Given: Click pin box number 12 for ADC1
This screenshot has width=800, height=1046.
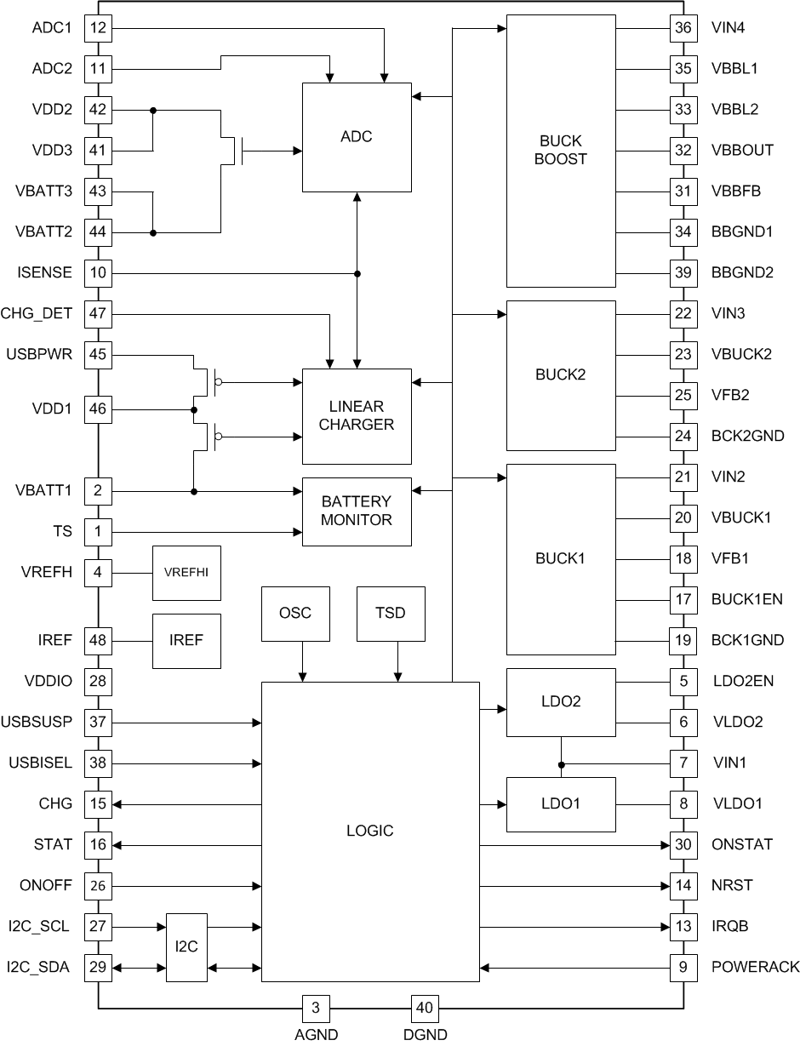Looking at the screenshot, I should point(98,28).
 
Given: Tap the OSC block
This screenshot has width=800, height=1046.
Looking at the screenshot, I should point(295,613).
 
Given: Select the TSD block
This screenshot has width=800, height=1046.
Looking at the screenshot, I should point(391,613).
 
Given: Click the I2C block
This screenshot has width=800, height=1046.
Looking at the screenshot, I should point(186,946).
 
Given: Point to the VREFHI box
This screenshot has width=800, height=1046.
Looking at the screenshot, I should point(186,573).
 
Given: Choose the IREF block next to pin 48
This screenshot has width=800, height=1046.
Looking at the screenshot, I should point(186,640).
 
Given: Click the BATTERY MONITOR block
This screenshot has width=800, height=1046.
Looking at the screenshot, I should point(357,511).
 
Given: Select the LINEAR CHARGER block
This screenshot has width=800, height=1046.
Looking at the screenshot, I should point(357,415).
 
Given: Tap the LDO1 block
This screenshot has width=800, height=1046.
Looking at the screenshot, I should point(561,803).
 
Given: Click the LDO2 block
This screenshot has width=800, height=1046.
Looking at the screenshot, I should point(561,701).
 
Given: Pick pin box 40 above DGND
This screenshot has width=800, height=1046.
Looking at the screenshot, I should point(425,1008).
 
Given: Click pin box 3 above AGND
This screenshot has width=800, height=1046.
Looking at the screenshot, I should point(316,1008).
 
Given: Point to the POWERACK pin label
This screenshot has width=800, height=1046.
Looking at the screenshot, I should point(755,967).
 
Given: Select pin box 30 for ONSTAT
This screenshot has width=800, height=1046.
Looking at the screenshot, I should point(683,844).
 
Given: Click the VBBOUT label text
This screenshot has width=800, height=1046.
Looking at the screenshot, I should point(742,151).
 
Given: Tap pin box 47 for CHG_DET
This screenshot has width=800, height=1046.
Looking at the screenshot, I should point(98,314).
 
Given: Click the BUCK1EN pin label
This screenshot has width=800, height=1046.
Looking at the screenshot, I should point(746,599).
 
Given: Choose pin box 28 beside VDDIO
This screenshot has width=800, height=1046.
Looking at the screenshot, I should point(98,681).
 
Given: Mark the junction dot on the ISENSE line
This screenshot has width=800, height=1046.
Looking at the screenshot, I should point(357,273).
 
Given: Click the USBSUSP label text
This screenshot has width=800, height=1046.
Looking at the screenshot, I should point(40,722).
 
